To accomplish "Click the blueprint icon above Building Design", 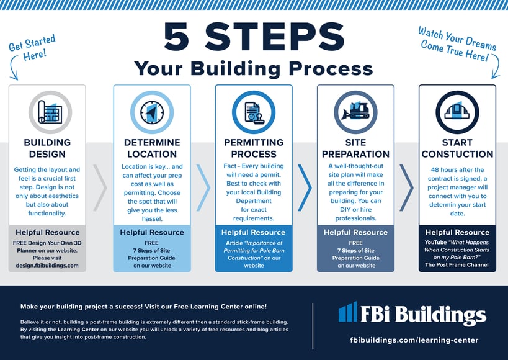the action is pos(50,112).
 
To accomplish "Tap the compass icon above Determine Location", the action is pos(152,112).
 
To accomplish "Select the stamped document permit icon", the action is pos(254,112).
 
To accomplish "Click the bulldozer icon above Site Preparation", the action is pos(355,110).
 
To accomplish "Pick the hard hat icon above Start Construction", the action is pos(457,110).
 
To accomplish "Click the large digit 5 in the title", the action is pos(176,37).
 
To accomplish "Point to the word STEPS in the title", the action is pos(275,37).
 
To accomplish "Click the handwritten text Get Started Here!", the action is pos(32,48).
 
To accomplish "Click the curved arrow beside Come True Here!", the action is pos(497,66).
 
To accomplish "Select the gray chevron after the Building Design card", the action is pos(100,188).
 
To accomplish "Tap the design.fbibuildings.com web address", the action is pos(47,265).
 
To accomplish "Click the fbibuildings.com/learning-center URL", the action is pos(414,340).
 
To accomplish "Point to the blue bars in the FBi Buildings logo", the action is pos(348,312).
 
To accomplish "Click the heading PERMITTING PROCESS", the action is pos(254,148).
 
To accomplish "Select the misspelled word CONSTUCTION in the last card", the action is pos(457,154).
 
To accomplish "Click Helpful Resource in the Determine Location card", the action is pos(152,232).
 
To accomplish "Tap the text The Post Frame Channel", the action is pos(457,264).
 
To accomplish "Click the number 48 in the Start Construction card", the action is pos(435,169).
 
